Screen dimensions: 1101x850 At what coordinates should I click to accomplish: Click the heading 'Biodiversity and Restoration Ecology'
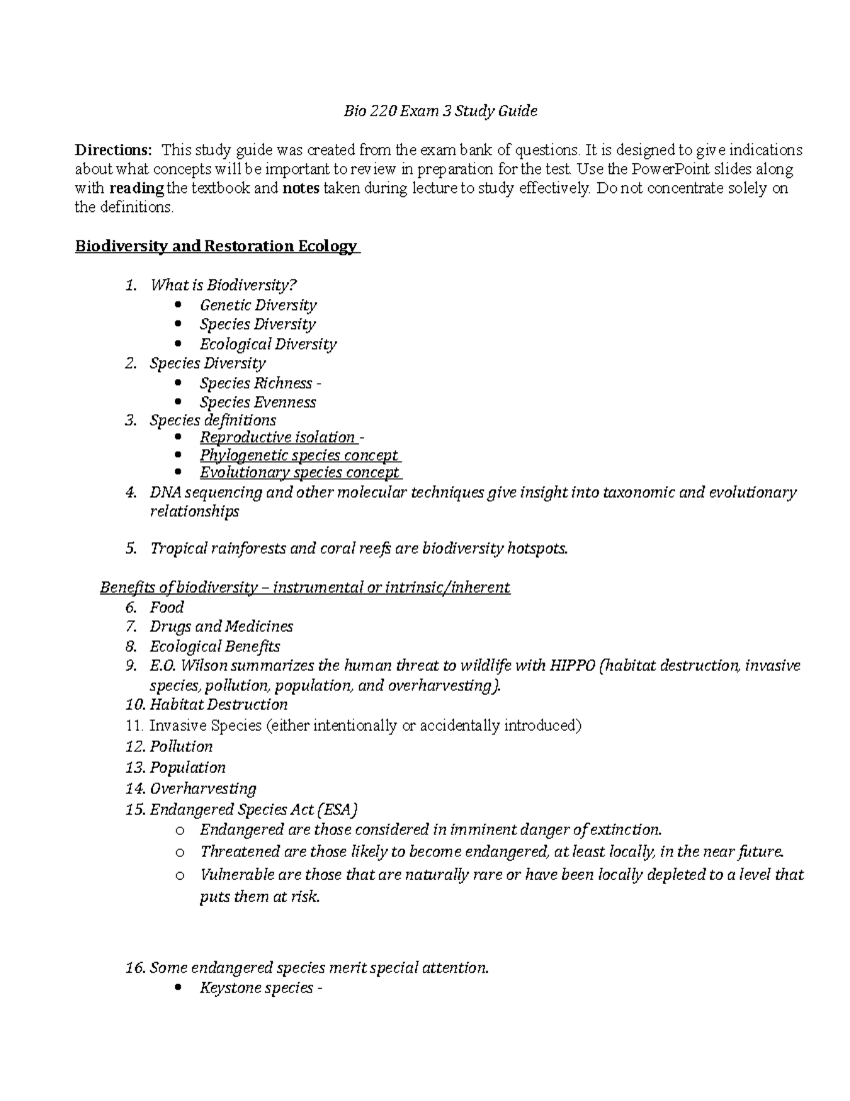pos(216,247)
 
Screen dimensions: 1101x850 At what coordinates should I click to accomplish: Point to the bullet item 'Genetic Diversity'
pos(258,306)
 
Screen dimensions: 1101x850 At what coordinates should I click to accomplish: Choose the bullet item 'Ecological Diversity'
pos(268,345)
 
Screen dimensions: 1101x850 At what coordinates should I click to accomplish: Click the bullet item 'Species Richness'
pos(256,384)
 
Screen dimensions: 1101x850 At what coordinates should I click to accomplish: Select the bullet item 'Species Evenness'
pos(258,403)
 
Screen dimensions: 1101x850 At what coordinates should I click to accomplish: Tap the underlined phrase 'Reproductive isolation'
pos(277,437)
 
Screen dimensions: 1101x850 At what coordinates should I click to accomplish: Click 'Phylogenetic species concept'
pos(298,455)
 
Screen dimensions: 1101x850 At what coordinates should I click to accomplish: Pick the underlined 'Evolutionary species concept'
pos(300,473)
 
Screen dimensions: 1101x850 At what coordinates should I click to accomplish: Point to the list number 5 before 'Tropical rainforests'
pos(130,549)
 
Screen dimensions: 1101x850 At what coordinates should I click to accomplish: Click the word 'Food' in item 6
pos(166,608)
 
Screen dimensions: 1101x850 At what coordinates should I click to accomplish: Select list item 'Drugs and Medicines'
pos(221,627)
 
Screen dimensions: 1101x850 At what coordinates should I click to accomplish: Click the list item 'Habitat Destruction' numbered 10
pos(218,705)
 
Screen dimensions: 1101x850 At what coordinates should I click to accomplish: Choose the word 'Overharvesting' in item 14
pos(203,788)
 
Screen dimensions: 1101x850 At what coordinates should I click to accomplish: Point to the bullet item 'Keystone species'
pos(256,988)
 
